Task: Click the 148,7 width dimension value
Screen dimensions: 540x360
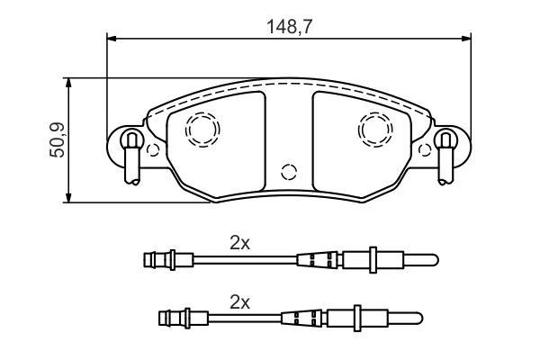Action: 289,27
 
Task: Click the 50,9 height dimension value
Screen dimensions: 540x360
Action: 58,139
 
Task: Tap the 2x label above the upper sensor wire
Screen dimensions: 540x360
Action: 239,244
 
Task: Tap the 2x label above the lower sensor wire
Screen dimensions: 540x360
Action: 239,302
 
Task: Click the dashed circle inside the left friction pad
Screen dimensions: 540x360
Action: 202,130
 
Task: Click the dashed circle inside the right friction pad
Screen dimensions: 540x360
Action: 375,130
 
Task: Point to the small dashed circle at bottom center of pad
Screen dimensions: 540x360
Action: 289,172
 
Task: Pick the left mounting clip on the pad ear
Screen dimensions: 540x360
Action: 132,157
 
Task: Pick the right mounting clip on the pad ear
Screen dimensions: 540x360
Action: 445,157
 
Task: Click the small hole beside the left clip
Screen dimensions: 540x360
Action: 153,150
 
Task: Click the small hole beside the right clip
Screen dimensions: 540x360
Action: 425,150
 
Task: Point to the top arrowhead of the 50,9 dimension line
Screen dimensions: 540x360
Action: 69,83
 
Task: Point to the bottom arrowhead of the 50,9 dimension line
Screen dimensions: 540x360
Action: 69,198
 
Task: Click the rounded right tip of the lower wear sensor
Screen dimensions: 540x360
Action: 418,319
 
